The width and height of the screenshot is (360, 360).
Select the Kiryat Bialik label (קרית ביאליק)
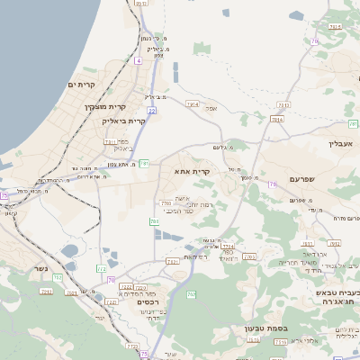coord(124,121)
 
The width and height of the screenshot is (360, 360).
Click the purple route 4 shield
coord(139,61)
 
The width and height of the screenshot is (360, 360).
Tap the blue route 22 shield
coord(152,110)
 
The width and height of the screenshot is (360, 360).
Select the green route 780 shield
coord(154,220)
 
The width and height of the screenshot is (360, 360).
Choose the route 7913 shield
coord(283,105)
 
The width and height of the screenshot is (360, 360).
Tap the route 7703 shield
coord(166,204)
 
